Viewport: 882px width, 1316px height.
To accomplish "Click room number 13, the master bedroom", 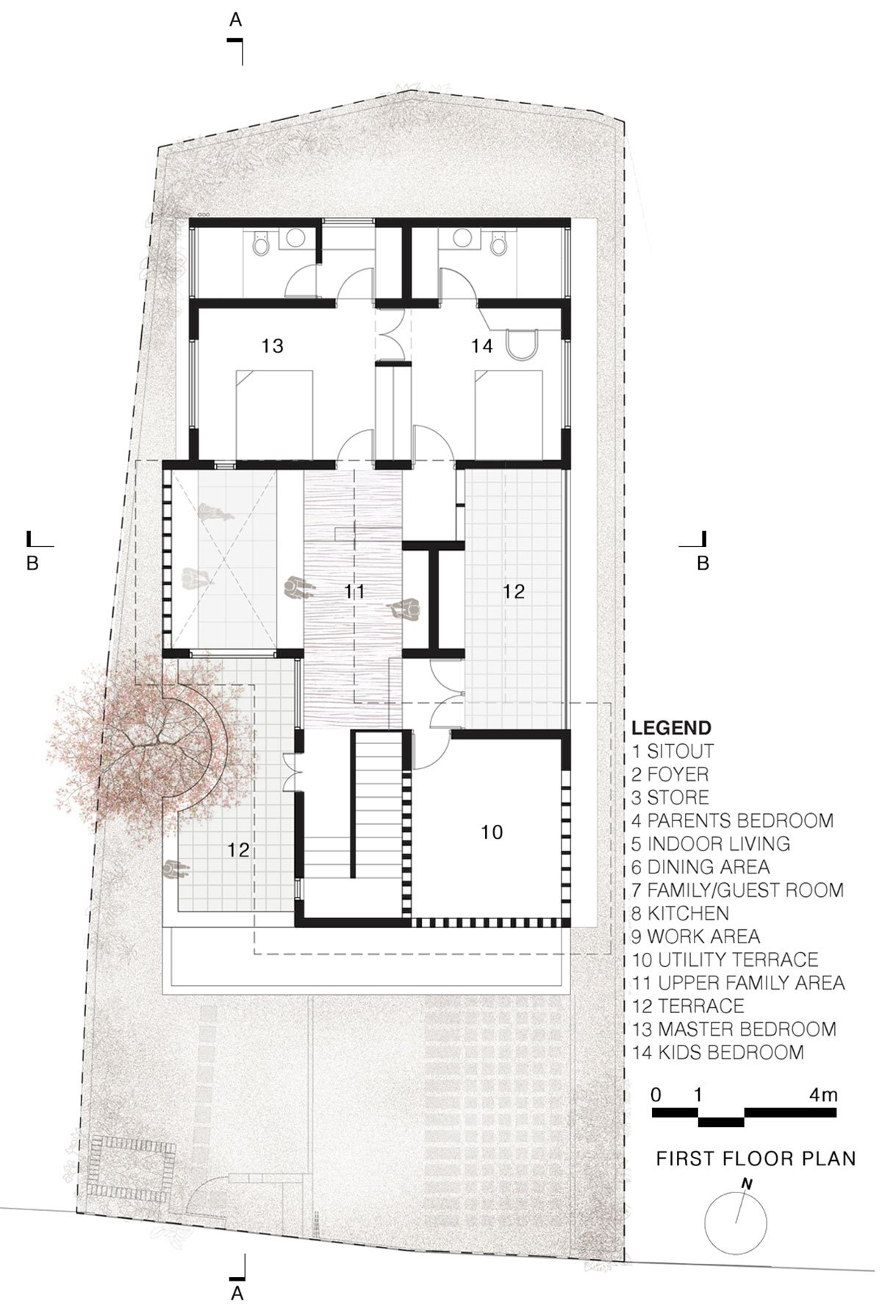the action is click(x=273, y=346).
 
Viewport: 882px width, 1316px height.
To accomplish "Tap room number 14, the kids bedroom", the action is click(x=482, y=346).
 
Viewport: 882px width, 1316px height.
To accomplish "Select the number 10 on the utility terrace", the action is click(x=492, y=832).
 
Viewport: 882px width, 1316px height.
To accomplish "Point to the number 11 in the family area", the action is click(x=355, y=591).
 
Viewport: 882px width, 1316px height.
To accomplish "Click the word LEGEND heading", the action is click(x=672, y=728).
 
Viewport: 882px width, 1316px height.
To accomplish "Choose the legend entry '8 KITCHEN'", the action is click(x=681, y=914).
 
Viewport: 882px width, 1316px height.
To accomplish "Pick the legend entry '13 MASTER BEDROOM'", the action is click(x=734, y=1029).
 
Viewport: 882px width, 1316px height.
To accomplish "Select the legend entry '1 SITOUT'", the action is click(x=673, y=751).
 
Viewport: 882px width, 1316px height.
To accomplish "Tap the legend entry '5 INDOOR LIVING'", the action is click(x=711, y=844).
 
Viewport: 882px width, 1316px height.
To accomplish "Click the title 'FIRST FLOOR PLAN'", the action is click(x=756, y=1159).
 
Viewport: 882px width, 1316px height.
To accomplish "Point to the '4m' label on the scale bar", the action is click(x=823, y=1095).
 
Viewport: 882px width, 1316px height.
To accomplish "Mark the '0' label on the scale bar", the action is click(x=656, y=1095).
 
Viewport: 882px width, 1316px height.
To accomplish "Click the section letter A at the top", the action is click(x=235, y=20).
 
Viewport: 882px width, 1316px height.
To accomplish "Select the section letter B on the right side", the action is click(x=703, y=564).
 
